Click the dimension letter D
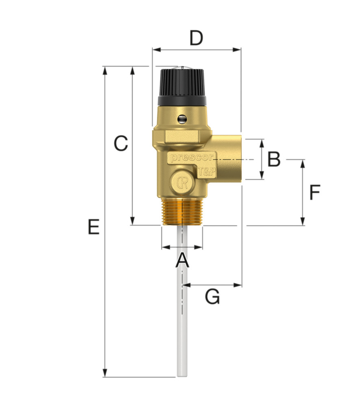pyautogui.click(x=196, y=38)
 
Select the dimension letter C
pyautogui.click(x=121, y=143)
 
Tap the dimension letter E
pyautogui.click(x=94, y=227)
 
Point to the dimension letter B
pyautogui.click(x=274, y=159)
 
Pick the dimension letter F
pyautogui.click(x=315, y=193)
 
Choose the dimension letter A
pyautogui.click(x=182, y=260)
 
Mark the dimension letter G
pyautogui.click(x=212, y=296)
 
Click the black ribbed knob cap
pyautogui.click(x=182, y=87)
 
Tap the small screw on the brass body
pyautogui.click(x=182, y=119)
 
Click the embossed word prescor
pyautogui.click(x=192, y=157)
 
